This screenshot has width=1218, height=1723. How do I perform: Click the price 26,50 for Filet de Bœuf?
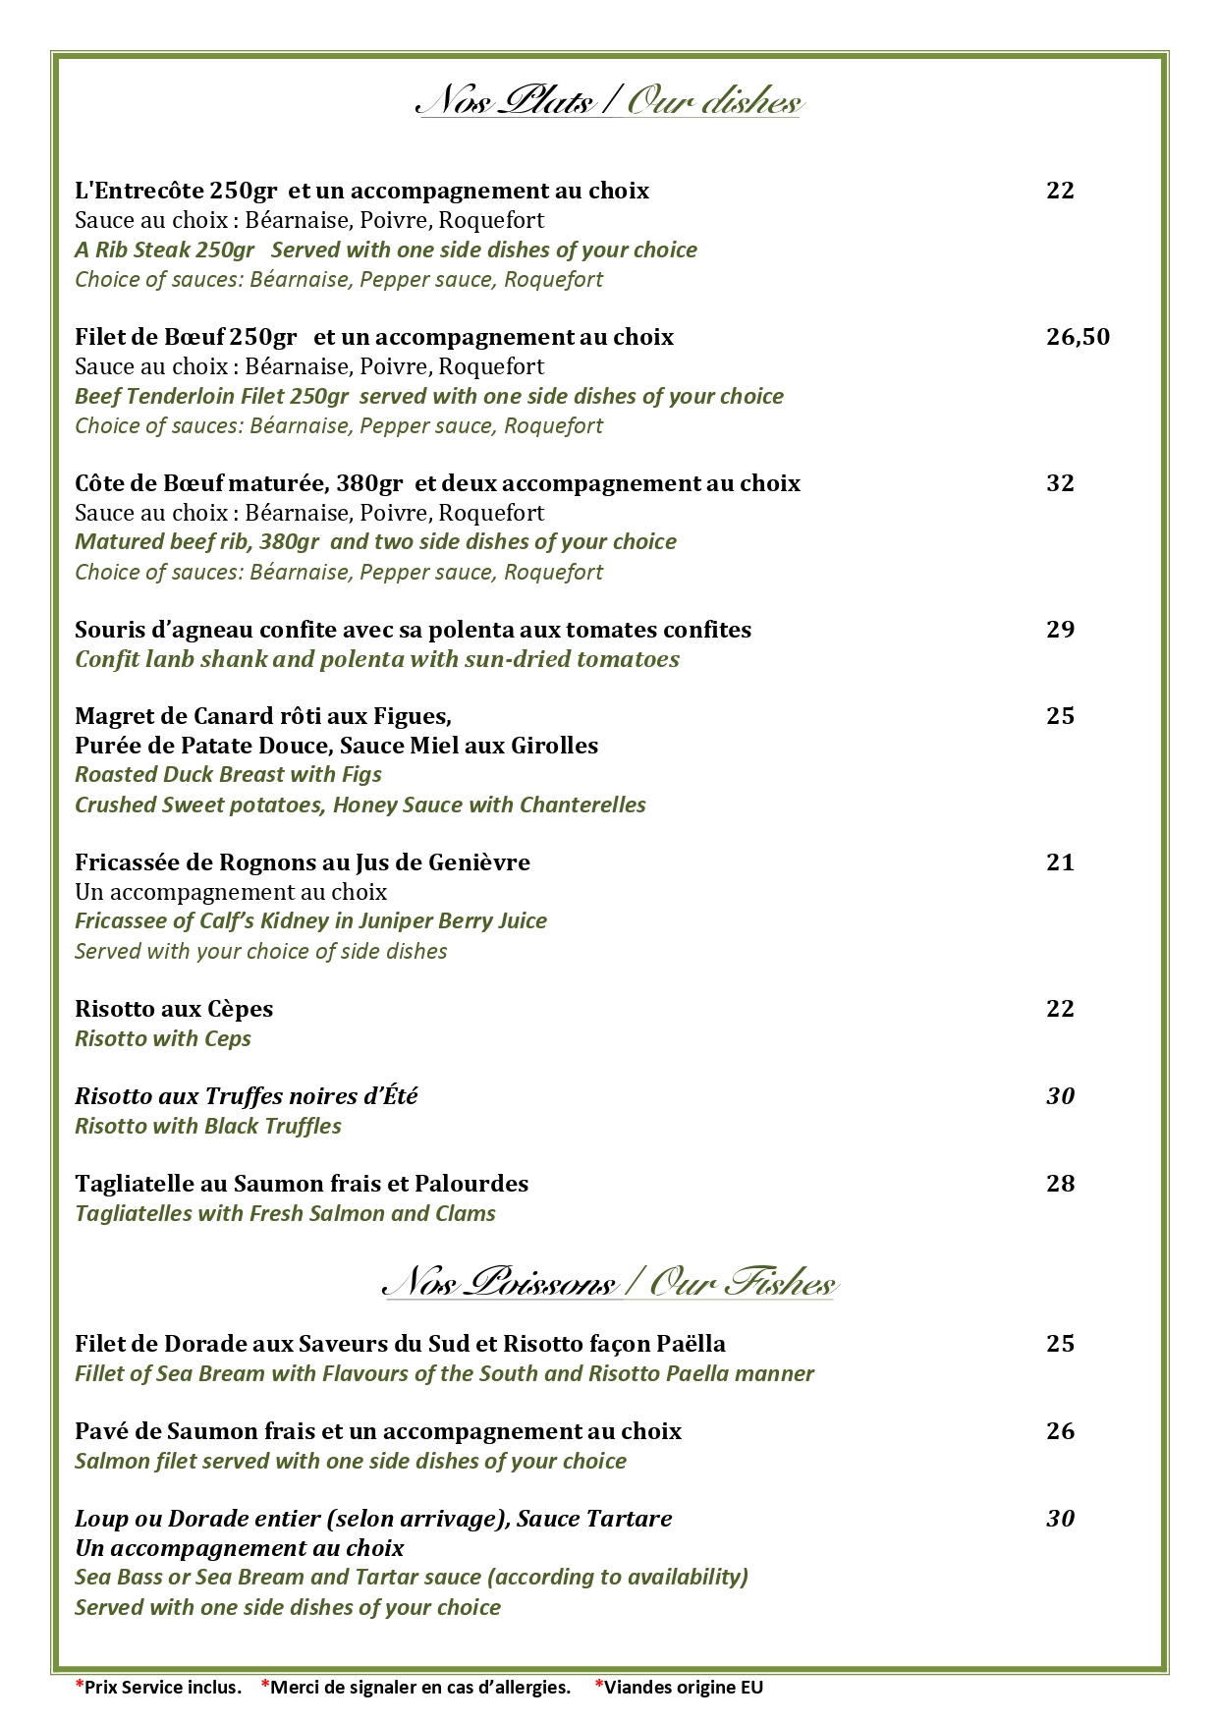coord(1078,337)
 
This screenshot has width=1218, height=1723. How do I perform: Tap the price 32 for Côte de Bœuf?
coord(1060,483)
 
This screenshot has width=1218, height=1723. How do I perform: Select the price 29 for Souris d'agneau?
coord(1060,630)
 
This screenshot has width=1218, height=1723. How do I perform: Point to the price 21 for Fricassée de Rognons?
coord(1060,862)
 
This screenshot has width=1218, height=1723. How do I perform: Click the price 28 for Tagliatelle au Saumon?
coord(1060,1184)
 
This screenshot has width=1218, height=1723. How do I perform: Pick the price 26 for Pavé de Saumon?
coord(1060,1431)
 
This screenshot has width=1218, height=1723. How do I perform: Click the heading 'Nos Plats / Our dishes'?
coord(609,101)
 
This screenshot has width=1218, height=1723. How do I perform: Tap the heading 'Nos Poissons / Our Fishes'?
coord(609,1283)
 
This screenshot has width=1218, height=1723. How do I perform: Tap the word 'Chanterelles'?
coord(582,806)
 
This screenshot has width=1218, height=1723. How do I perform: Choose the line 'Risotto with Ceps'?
coord(163,1039)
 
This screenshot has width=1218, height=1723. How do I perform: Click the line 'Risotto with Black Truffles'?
coord(208,1127)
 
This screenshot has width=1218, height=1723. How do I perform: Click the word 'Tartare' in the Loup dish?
coord(629,1519)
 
